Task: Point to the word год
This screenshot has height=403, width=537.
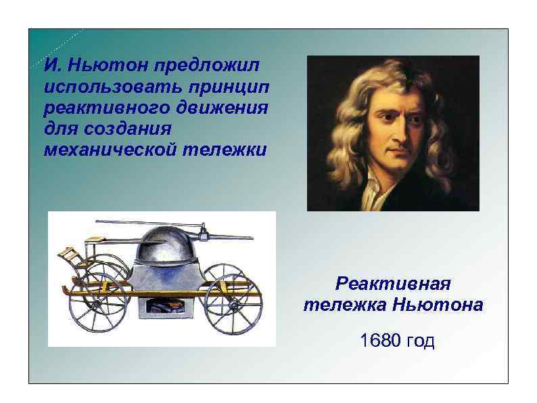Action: coord(419,341)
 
